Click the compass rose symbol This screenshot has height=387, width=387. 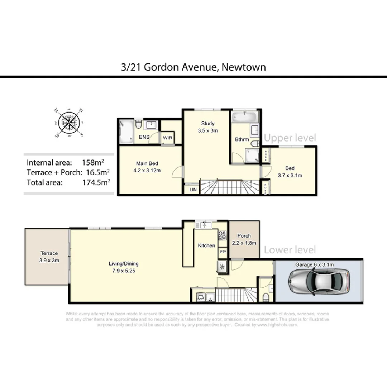(69, 123)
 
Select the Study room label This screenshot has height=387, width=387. (207, 127)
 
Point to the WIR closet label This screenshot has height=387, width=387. (168, 138)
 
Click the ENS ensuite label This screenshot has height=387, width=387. (144, 137)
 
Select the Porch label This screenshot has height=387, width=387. (244, 239)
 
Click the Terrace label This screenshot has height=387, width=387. (49, 257)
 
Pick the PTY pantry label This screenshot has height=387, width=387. (223, 252)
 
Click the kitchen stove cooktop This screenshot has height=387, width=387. (222, 235)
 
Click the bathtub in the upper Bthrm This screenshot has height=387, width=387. (245, 116)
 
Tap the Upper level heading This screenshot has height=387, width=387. (290, 138)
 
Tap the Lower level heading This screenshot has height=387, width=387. (290, 250)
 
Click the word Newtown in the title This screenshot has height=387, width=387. (244, 67)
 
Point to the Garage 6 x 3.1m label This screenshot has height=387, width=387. (315, 264)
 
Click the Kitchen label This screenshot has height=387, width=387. (207, 245)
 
